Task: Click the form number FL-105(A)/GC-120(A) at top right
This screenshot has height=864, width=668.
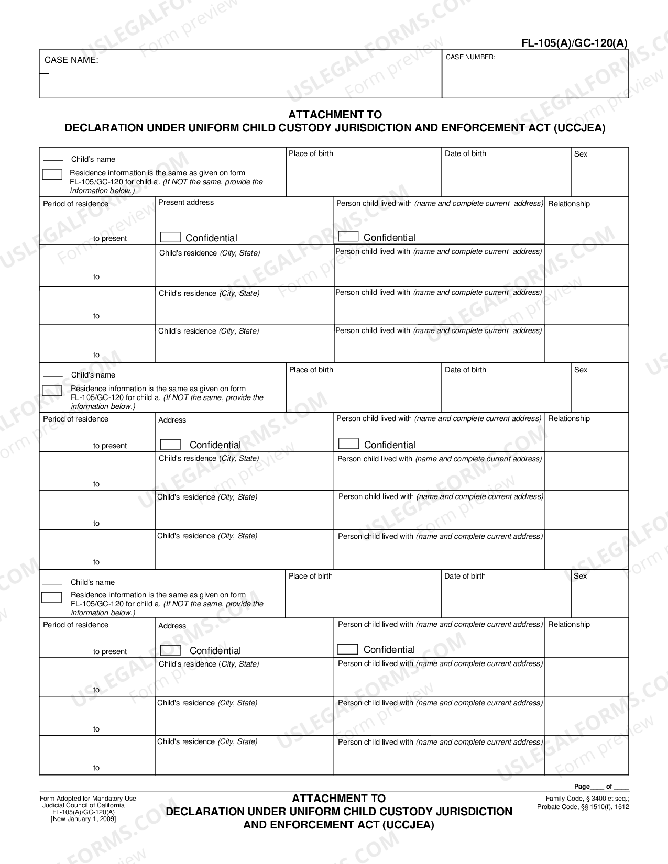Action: pos(574,43)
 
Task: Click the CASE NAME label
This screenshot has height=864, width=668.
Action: pos(71,60)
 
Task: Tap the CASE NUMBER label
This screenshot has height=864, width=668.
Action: pos(470,57)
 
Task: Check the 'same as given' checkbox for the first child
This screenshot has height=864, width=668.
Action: pos(52,175)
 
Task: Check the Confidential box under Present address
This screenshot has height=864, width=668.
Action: pos(170,237)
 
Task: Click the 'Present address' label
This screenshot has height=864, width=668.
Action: pos(186,203)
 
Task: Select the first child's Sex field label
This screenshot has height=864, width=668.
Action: pos(581,154)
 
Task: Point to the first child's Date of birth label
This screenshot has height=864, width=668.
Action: pos(465,153)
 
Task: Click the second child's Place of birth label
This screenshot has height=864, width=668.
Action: pos(311,370)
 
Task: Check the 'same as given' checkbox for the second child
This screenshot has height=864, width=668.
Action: pos(52,391)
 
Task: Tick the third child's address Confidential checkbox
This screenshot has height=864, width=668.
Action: pos(170,650)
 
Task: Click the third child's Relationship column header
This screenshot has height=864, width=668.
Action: pos(568,624)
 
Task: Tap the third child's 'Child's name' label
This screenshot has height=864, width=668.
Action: pos(93,582)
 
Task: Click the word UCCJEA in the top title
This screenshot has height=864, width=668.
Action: pos(579,128)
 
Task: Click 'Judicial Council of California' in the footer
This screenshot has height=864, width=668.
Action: pos(83,805)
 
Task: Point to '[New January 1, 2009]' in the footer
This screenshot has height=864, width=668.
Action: pos(83,819)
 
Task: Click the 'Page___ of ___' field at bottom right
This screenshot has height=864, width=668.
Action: pos(601,787)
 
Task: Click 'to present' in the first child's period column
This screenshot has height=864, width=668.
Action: pos(110,238)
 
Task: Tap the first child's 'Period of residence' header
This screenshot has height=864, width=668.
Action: pos(75,204)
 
